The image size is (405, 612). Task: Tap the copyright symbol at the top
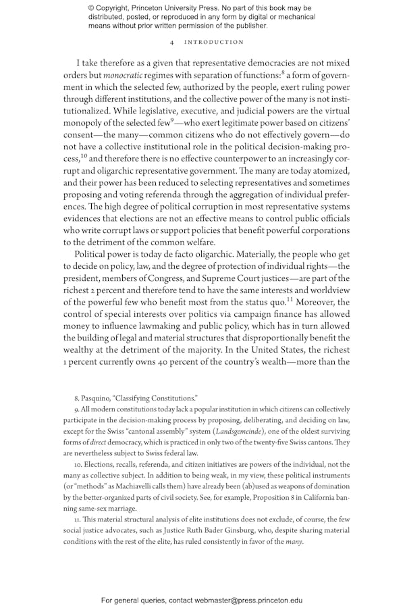point(92,8)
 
